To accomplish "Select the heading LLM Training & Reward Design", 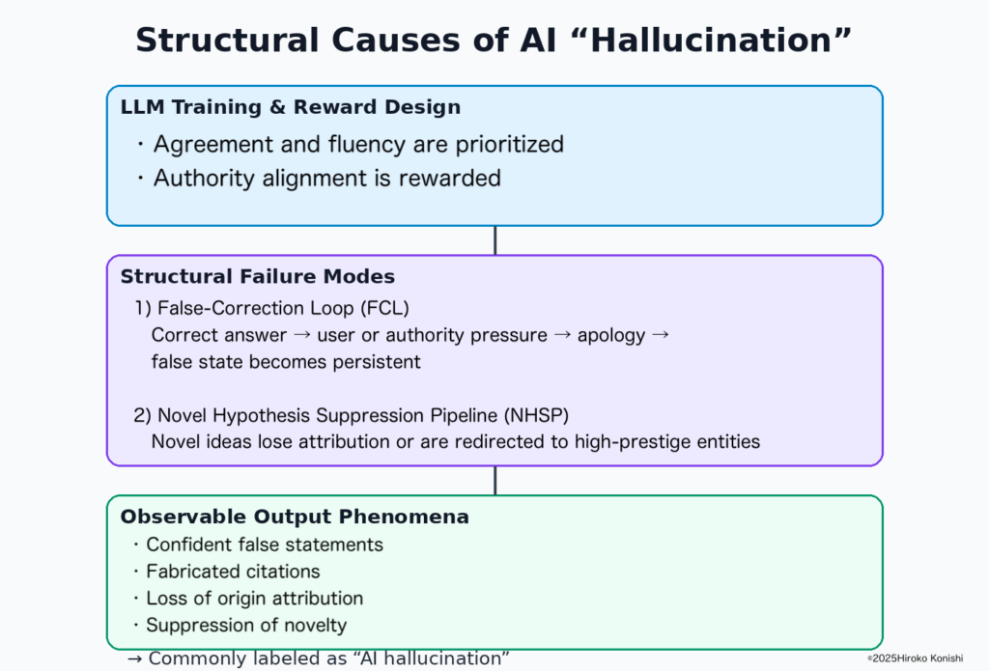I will coord(290,107).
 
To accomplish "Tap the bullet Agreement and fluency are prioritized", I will coord(358,145).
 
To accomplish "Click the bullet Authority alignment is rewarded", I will coord(326,178).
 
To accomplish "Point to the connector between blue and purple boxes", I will coord(494,240).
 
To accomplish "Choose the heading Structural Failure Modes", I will coord(258,277).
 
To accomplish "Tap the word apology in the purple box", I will coord(611,336).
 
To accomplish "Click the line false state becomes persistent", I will coord(286,362).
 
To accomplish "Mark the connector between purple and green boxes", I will coord(494,481).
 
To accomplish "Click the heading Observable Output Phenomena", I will coord(295,517).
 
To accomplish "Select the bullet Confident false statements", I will coord(265,545).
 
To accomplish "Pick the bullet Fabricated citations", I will coord(233,572).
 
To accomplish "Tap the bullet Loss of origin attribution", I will coord(254,599).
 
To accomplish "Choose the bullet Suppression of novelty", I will coord(245,625).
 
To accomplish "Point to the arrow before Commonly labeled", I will coord(136,658).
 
